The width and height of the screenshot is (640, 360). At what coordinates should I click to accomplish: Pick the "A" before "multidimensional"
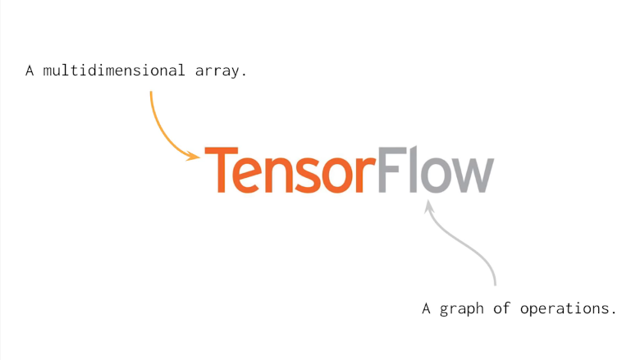click(30, 71)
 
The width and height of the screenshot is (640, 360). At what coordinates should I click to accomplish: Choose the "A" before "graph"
click(427, 309)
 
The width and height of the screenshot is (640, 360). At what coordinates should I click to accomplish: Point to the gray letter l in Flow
click(411, 170)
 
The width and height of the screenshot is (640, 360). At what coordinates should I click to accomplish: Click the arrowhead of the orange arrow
click(194, 155)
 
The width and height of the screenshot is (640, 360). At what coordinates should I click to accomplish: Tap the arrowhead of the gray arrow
click(427, 207)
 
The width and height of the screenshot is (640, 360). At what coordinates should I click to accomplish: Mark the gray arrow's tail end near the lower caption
click(495, 282)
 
